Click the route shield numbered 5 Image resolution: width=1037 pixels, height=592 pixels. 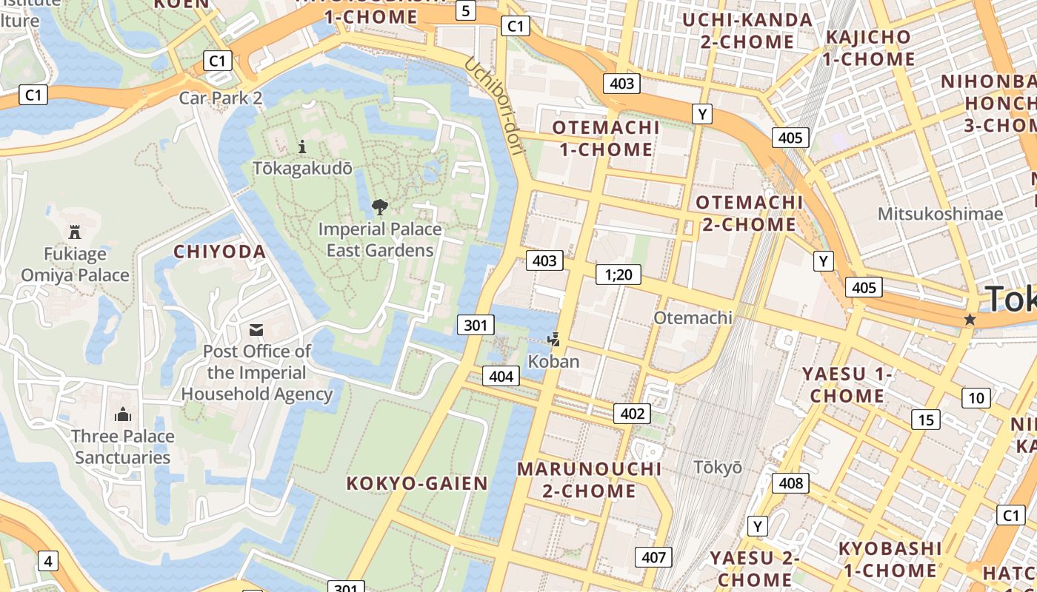point(465,10)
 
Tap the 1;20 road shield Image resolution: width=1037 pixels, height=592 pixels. point(618,275)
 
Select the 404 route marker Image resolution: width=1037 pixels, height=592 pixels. point(501,376)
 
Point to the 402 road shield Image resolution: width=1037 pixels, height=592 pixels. point(633,414)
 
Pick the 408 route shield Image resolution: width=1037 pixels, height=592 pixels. point(791,483)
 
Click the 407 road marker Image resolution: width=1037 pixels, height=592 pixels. point(653,557)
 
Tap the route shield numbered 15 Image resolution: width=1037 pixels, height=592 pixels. point(926,420)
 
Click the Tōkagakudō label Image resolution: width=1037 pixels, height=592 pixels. point(303,168)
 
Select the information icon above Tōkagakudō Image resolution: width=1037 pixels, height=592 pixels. point(301,147)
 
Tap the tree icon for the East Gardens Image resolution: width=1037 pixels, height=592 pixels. point(380,206)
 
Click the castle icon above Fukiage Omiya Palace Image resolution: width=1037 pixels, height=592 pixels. point(75,232)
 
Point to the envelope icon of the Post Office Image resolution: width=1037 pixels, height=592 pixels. point(256,329)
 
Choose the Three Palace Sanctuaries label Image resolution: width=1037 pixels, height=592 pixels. point(123,446)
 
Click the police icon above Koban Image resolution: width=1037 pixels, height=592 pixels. point(553,340)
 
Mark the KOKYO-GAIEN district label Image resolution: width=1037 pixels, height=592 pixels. point(418,484)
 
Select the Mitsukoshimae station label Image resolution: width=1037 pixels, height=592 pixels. point(940,214)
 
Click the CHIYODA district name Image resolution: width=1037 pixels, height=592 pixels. point(220,252)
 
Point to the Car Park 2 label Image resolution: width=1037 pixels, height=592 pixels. point(221,98)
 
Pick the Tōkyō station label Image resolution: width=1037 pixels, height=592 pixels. point(718,467)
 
